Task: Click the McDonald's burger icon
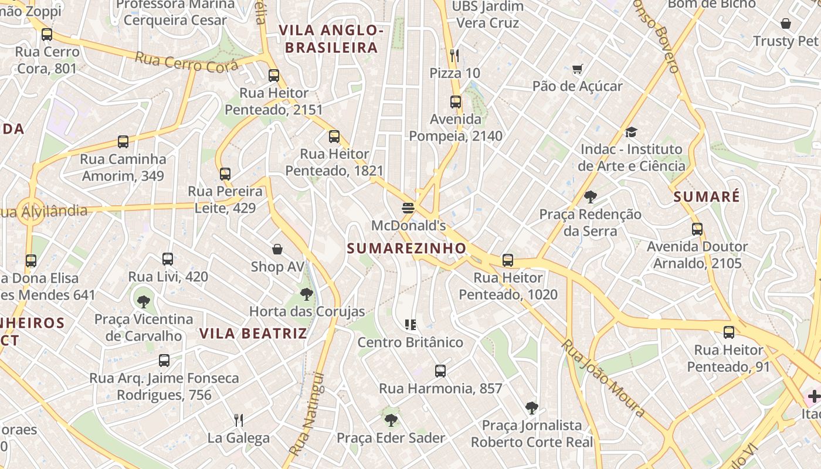pyautogui.click(x=408, y=208)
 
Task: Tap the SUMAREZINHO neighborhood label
pyautogui.click(x=406, y=248)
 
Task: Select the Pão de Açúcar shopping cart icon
pyautogui.click(x=578, y=69)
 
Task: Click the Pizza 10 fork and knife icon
pyautogui.click(x=454, y=56)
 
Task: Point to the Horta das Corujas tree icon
pyautogui.click(x=306, y=294)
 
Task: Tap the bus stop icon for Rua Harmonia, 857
pyautogui.click(x=440, y=371)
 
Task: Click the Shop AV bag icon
pyautogui.click(x=277, y=250)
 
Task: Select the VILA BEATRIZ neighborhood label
pyautogui.click(x=253, y=334)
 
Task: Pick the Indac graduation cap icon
pyautogui.click(x=631, y=132)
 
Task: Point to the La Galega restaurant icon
pyautogui.click(x=239, y=420)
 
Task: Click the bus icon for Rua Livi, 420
pyautogui.click(x=168, y=259)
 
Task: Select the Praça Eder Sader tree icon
pyautogui.click(x=391, y=420)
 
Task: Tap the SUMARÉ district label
pyautogui.click(x=707, y=197)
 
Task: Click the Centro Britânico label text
pyautogui.click(x=410, y=342)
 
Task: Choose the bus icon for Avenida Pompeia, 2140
pyautogui.click(x=456, y=102)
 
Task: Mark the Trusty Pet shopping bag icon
pyautogui.click(x=786, y=23)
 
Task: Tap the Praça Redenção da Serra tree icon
pyautogui.click(x=591, y=197)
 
